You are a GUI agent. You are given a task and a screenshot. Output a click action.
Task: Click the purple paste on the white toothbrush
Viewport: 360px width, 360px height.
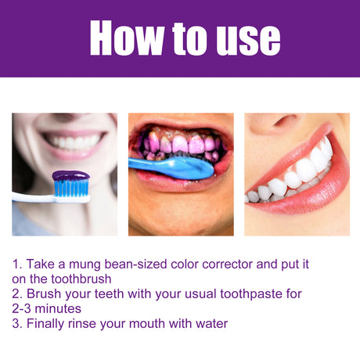70,177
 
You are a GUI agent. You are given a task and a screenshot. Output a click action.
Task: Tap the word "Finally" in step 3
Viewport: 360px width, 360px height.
49,322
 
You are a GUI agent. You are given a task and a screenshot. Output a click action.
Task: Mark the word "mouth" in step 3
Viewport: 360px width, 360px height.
158,322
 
